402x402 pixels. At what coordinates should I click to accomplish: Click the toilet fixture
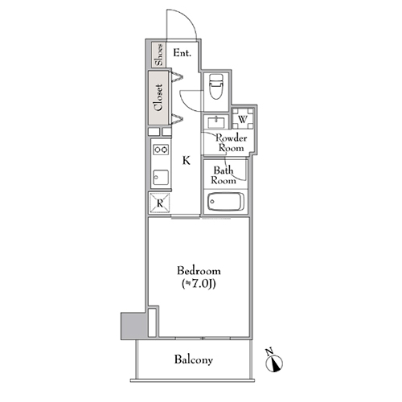click(x=216, y=86)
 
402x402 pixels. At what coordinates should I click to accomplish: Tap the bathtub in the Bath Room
click(x=226, y=202)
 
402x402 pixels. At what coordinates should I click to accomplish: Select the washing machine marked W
click(x=243, y=118)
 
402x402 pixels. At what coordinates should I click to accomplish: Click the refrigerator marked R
click(x=160, y=203)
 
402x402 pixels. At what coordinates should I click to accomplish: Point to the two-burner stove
click(x=161, y=150)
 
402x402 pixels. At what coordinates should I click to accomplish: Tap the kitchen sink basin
click(x=161, y=178)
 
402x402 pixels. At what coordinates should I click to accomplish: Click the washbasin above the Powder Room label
click(x=216, y=122)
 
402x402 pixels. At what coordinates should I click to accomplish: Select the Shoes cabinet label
click(x=159, y=55)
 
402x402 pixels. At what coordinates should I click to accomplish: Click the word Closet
click(x=158, y=97)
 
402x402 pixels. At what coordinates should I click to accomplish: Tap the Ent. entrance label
click(x=183, y=53)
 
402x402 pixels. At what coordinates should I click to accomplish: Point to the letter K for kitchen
click(x=187, y=161)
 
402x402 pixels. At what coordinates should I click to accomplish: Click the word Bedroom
click(x=199, y=271)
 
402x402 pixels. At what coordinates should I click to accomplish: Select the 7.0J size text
click(x=199, y=284)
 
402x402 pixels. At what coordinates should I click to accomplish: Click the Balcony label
click(x=194, y=359)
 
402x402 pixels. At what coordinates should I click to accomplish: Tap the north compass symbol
click(x=274, y=364)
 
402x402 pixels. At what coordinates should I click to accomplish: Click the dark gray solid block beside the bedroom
click(x=133, y=326)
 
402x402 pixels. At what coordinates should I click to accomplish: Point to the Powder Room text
click(x=232, y=143)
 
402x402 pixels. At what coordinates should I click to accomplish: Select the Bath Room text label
click(x=224, y=175)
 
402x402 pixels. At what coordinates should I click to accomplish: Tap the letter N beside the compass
click(x=269, y=351)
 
